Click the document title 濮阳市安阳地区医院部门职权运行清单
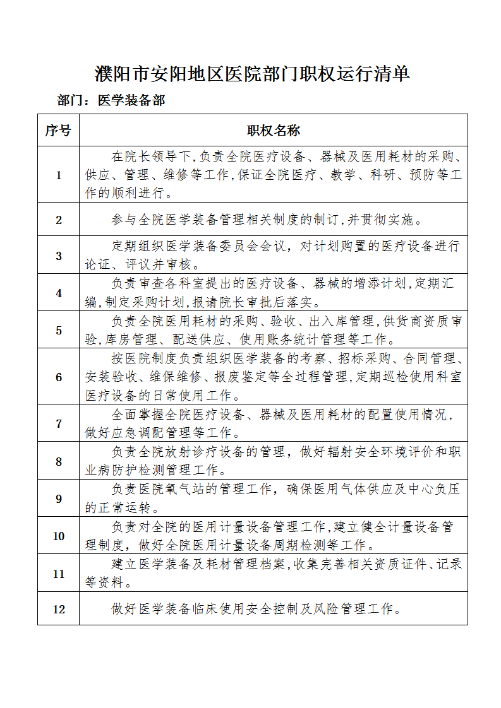(x=252, y=74)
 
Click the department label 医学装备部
(x=131, y=101)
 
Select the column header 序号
(x=58, y=131)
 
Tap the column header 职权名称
(x=273, y=131)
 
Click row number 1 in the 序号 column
(x=59, y=175)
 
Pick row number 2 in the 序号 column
(x=59, y=220)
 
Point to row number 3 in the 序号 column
(x=59, y=256)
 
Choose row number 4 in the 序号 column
(x=59, y=293)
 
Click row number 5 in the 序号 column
(x=59, y=330)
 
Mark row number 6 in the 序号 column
(x=59, y=377)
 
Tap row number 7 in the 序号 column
(x=59, y=423)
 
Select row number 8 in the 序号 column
(x=59, y=461)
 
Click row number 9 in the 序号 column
(x=59, y=499)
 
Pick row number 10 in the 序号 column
(x=59, y=536)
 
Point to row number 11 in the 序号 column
(x=59, y=574)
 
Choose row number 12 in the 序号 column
(x=59, y=609)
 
